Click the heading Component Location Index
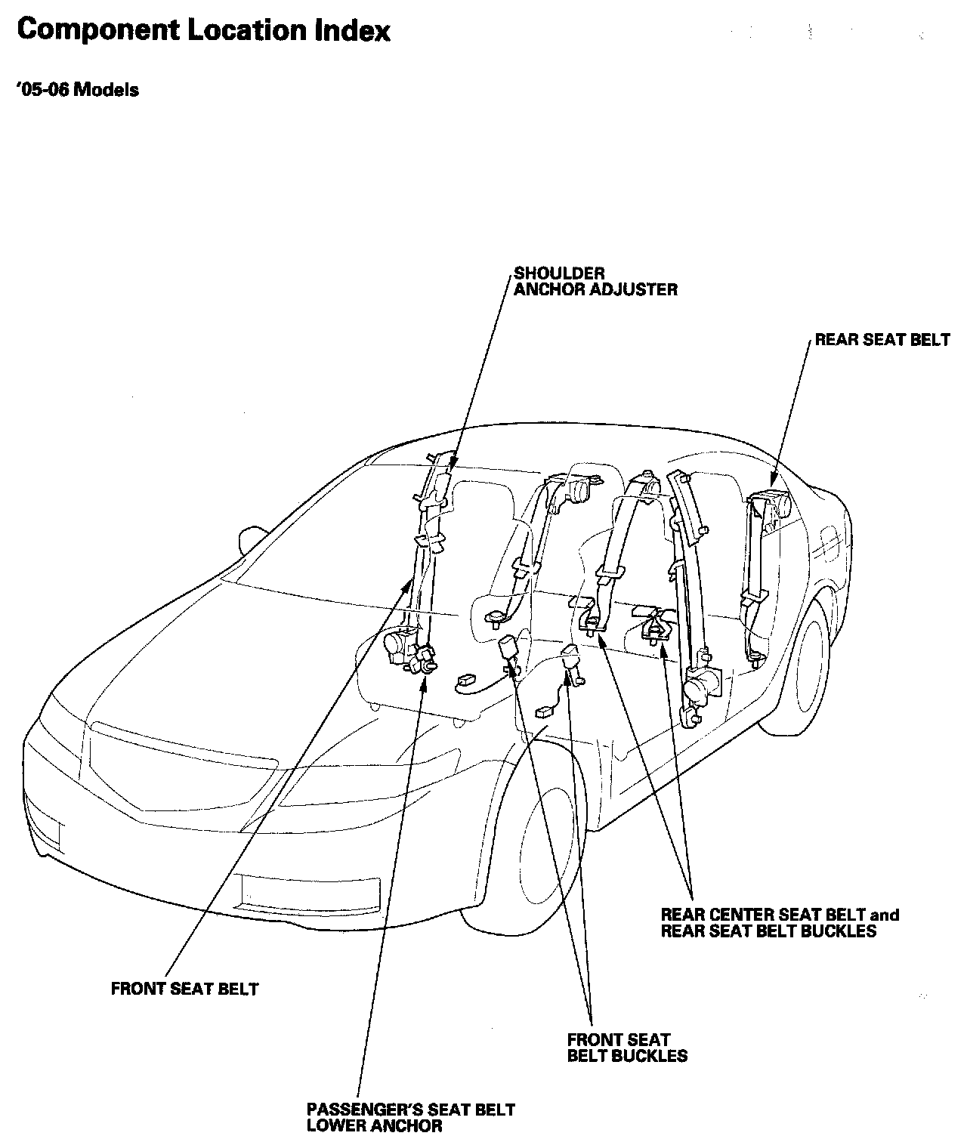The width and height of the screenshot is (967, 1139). coord(203,32)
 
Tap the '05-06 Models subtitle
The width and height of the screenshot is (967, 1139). coord(77,90)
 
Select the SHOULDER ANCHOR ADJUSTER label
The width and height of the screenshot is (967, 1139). coord(595,281)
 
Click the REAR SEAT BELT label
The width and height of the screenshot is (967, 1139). coord(882,340)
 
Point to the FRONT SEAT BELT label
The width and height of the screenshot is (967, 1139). coord(184,989)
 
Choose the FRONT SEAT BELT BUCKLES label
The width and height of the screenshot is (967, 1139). coord(627,1048)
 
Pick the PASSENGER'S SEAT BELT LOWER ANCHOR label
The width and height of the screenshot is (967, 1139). coord(410,1117)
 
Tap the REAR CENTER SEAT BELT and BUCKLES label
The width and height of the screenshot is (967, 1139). coord(780,923)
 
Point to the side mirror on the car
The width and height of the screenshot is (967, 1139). coord(251,539)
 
